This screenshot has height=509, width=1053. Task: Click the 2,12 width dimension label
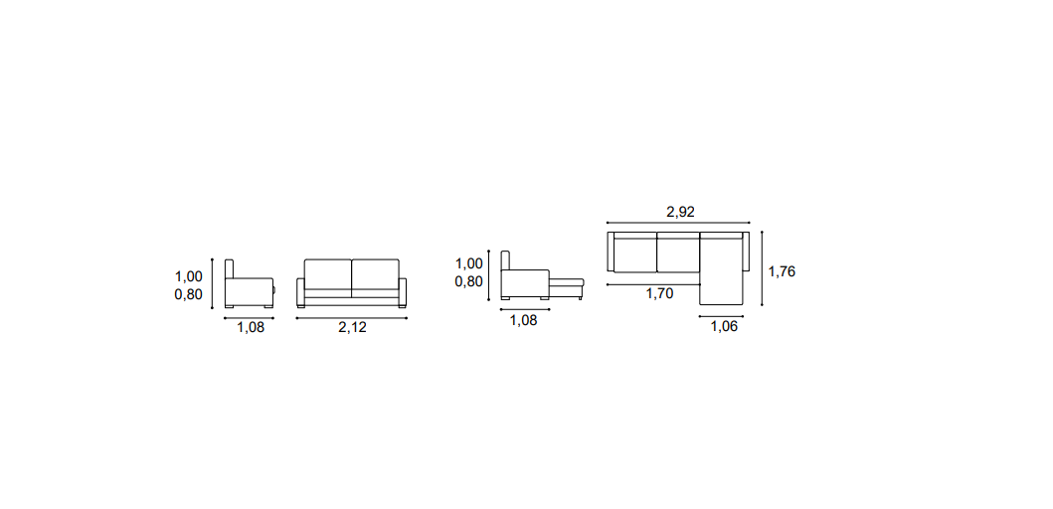point(352,328)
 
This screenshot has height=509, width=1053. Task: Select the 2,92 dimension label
point(680,212)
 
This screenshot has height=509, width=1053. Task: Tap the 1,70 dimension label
point(659,293)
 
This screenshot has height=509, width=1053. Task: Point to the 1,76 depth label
point(782,271)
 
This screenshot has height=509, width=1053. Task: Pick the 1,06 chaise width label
point(724,327)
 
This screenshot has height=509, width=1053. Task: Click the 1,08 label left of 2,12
point(251,328)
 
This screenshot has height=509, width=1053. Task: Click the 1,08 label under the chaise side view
point(524,320)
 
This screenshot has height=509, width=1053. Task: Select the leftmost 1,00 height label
point(189,276)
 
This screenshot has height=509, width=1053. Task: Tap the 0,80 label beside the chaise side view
point(468,281)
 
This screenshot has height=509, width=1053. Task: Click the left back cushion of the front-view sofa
point(328,274)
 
